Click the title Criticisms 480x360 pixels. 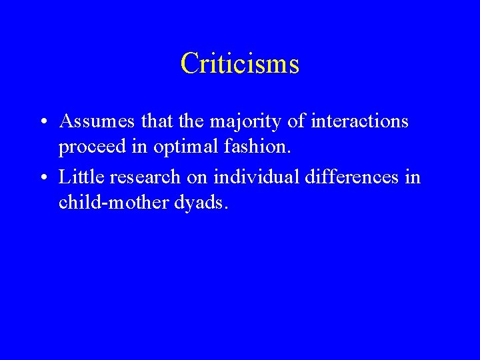pos(240,64)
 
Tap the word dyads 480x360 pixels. pos(205,203)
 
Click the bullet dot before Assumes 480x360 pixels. pos(42,122)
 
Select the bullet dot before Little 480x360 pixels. pos(42,178)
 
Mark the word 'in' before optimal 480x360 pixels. pos(141,146)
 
